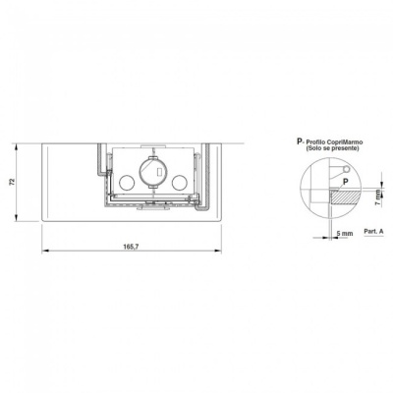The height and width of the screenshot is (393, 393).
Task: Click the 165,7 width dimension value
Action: pos(131,247)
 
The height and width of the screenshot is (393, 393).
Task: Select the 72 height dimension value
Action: pos(13,182)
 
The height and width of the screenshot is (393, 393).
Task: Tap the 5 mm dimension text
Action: pos(345,234)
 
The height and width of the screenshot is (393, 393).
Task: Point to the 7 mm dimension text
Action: pos(378,197)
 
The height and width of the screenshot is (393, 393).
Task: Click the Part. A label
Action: pos(373,231)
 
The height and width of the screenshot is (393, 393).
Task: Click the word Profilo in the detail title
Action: pos(316,142)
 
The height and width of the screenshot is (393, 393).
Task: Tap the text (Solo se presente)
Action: pos(331,148)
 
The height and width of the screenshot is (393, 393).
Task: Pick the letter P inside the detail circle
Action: pos(345,181)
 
